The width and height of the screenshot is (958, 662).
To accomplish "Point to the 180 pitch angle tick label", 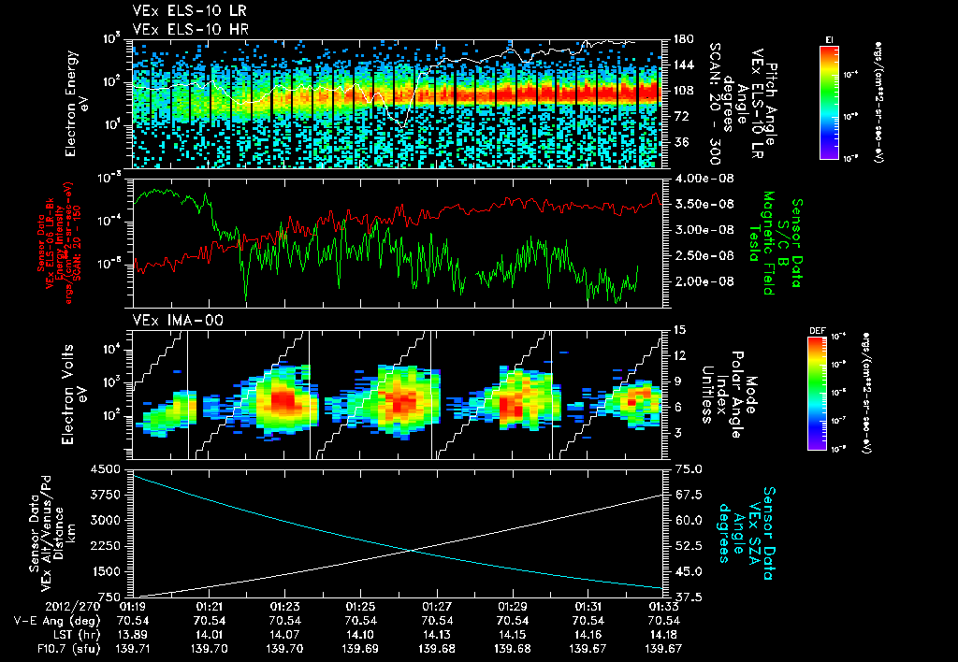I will pyautogui.click(x=681, y=39).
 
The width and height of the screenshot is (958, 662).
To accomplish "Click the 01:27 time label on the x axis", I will pyautogui.click(x=437, y=606).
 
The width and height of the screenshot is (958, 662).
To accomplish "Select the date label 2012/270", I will pyautogui.click(x=32, y=606).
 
